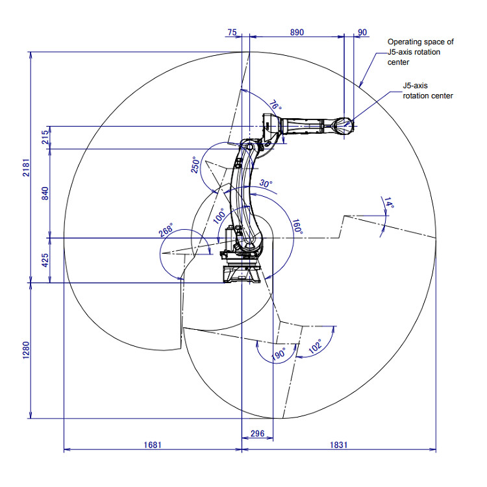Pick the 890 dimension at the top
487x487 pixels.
[x=297, y=31]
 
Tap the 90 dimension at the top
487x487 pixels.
[x=362, y=31]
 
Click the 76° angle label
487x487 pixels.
[x=275, y=105]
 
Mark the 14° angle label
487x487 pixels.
[x=389, y=204]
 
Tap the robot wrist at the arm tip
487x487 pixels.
[x=342, y=125]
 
